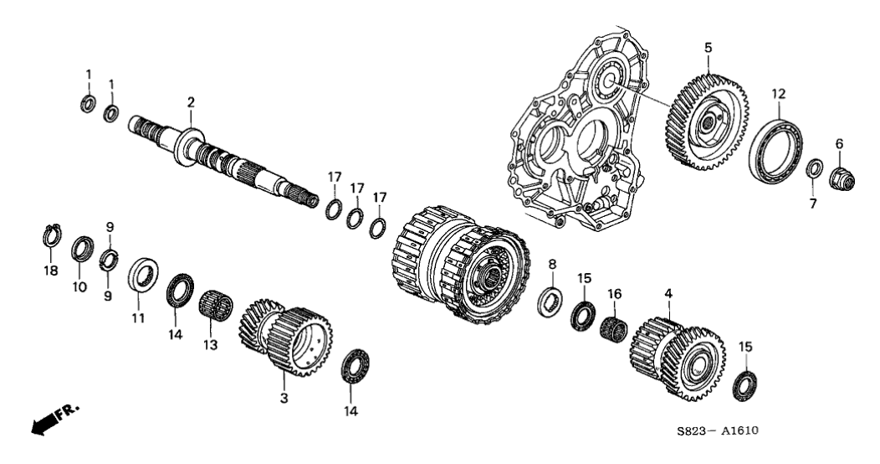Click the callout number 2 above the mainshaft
191,102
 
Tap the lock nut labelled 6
840,177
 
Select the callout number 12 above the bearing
779,94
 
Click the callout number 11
137,317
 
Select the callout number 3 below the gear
284,398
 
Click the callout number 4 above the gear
668,294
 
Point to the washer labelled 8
550,299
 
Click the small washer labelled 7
813,170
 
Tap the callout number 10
80,286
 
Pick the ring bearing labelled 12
779,148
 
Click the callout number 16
615,293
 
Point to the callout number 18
49,271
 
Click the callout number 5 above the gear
708,48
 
